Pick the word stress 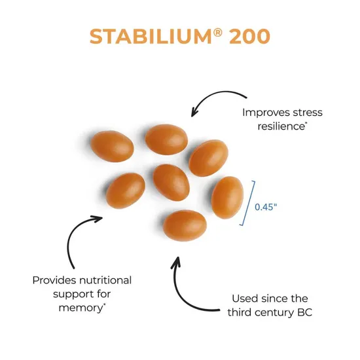[x=305, y=112]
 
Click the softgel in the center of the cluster [x=171, y=182]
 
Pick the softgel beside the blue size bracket [x=227, y=197]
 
